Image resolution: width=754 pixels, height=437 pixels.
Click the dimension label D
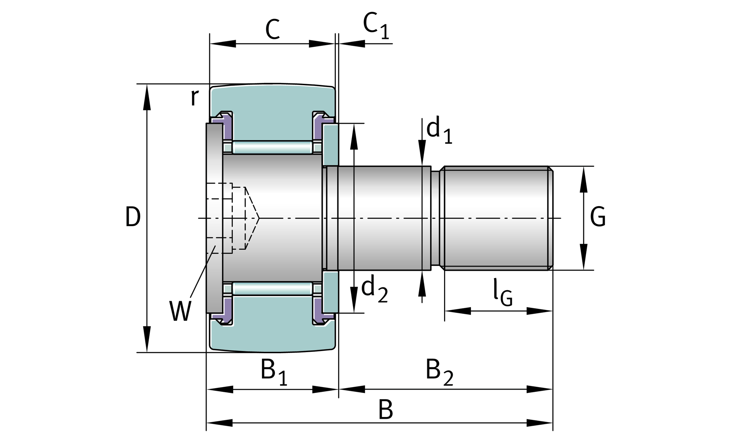(x=133, y=217)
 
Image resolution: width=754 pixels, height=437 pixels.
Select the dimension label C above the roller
(x=272, y=29)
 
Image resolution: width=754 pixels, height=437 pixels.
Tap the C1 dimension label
(x=376, y=27)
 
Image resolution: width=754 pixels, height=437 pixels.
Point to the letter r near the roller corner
(x=195, y=98)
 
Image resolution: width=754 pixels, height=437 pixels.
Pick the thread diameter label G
(x=598, y=217)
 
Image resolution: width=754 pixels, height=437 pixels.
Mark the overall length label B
(x=386, y=410)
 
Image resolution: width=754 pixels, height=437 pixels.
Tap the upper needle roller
(x=272, y=147)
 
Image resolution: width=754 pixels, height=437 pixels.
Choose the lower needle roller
(x=272, y=288)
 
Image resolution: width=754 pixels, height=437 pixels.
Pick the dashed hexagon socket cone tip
(x=259, y=218)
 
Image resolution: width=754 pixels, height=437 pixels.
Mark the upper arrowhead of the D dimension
(x=147, y=97)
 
